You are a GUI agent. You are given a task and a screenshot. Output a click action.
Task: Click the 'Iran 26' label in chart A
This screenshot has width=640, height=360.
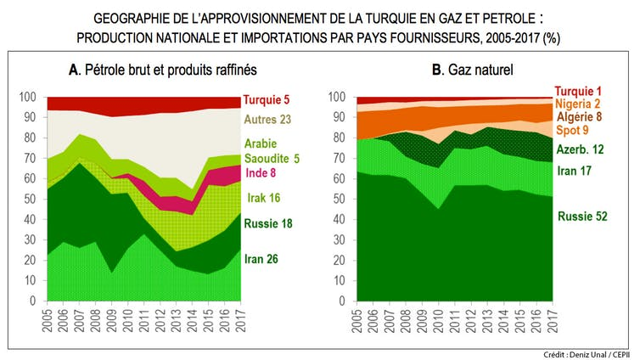[x=267, y=259]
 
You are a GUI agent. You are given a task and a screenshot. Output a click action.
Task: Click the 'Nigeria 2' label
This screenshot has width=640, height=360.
[x=580, y=104]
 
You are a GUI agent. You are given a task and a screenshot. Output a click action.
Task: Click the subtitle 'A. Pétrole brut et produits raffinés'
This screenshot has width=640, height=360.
[x=161, y=69]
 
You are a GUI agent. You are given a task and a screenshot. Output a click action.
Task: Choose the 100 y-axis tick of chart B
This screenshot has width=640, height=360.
[x=338, y=97]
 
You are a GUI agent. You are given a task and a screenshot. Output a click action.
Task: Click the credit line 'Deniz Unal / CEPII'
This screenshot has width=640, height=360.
[x=588, y=354]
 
